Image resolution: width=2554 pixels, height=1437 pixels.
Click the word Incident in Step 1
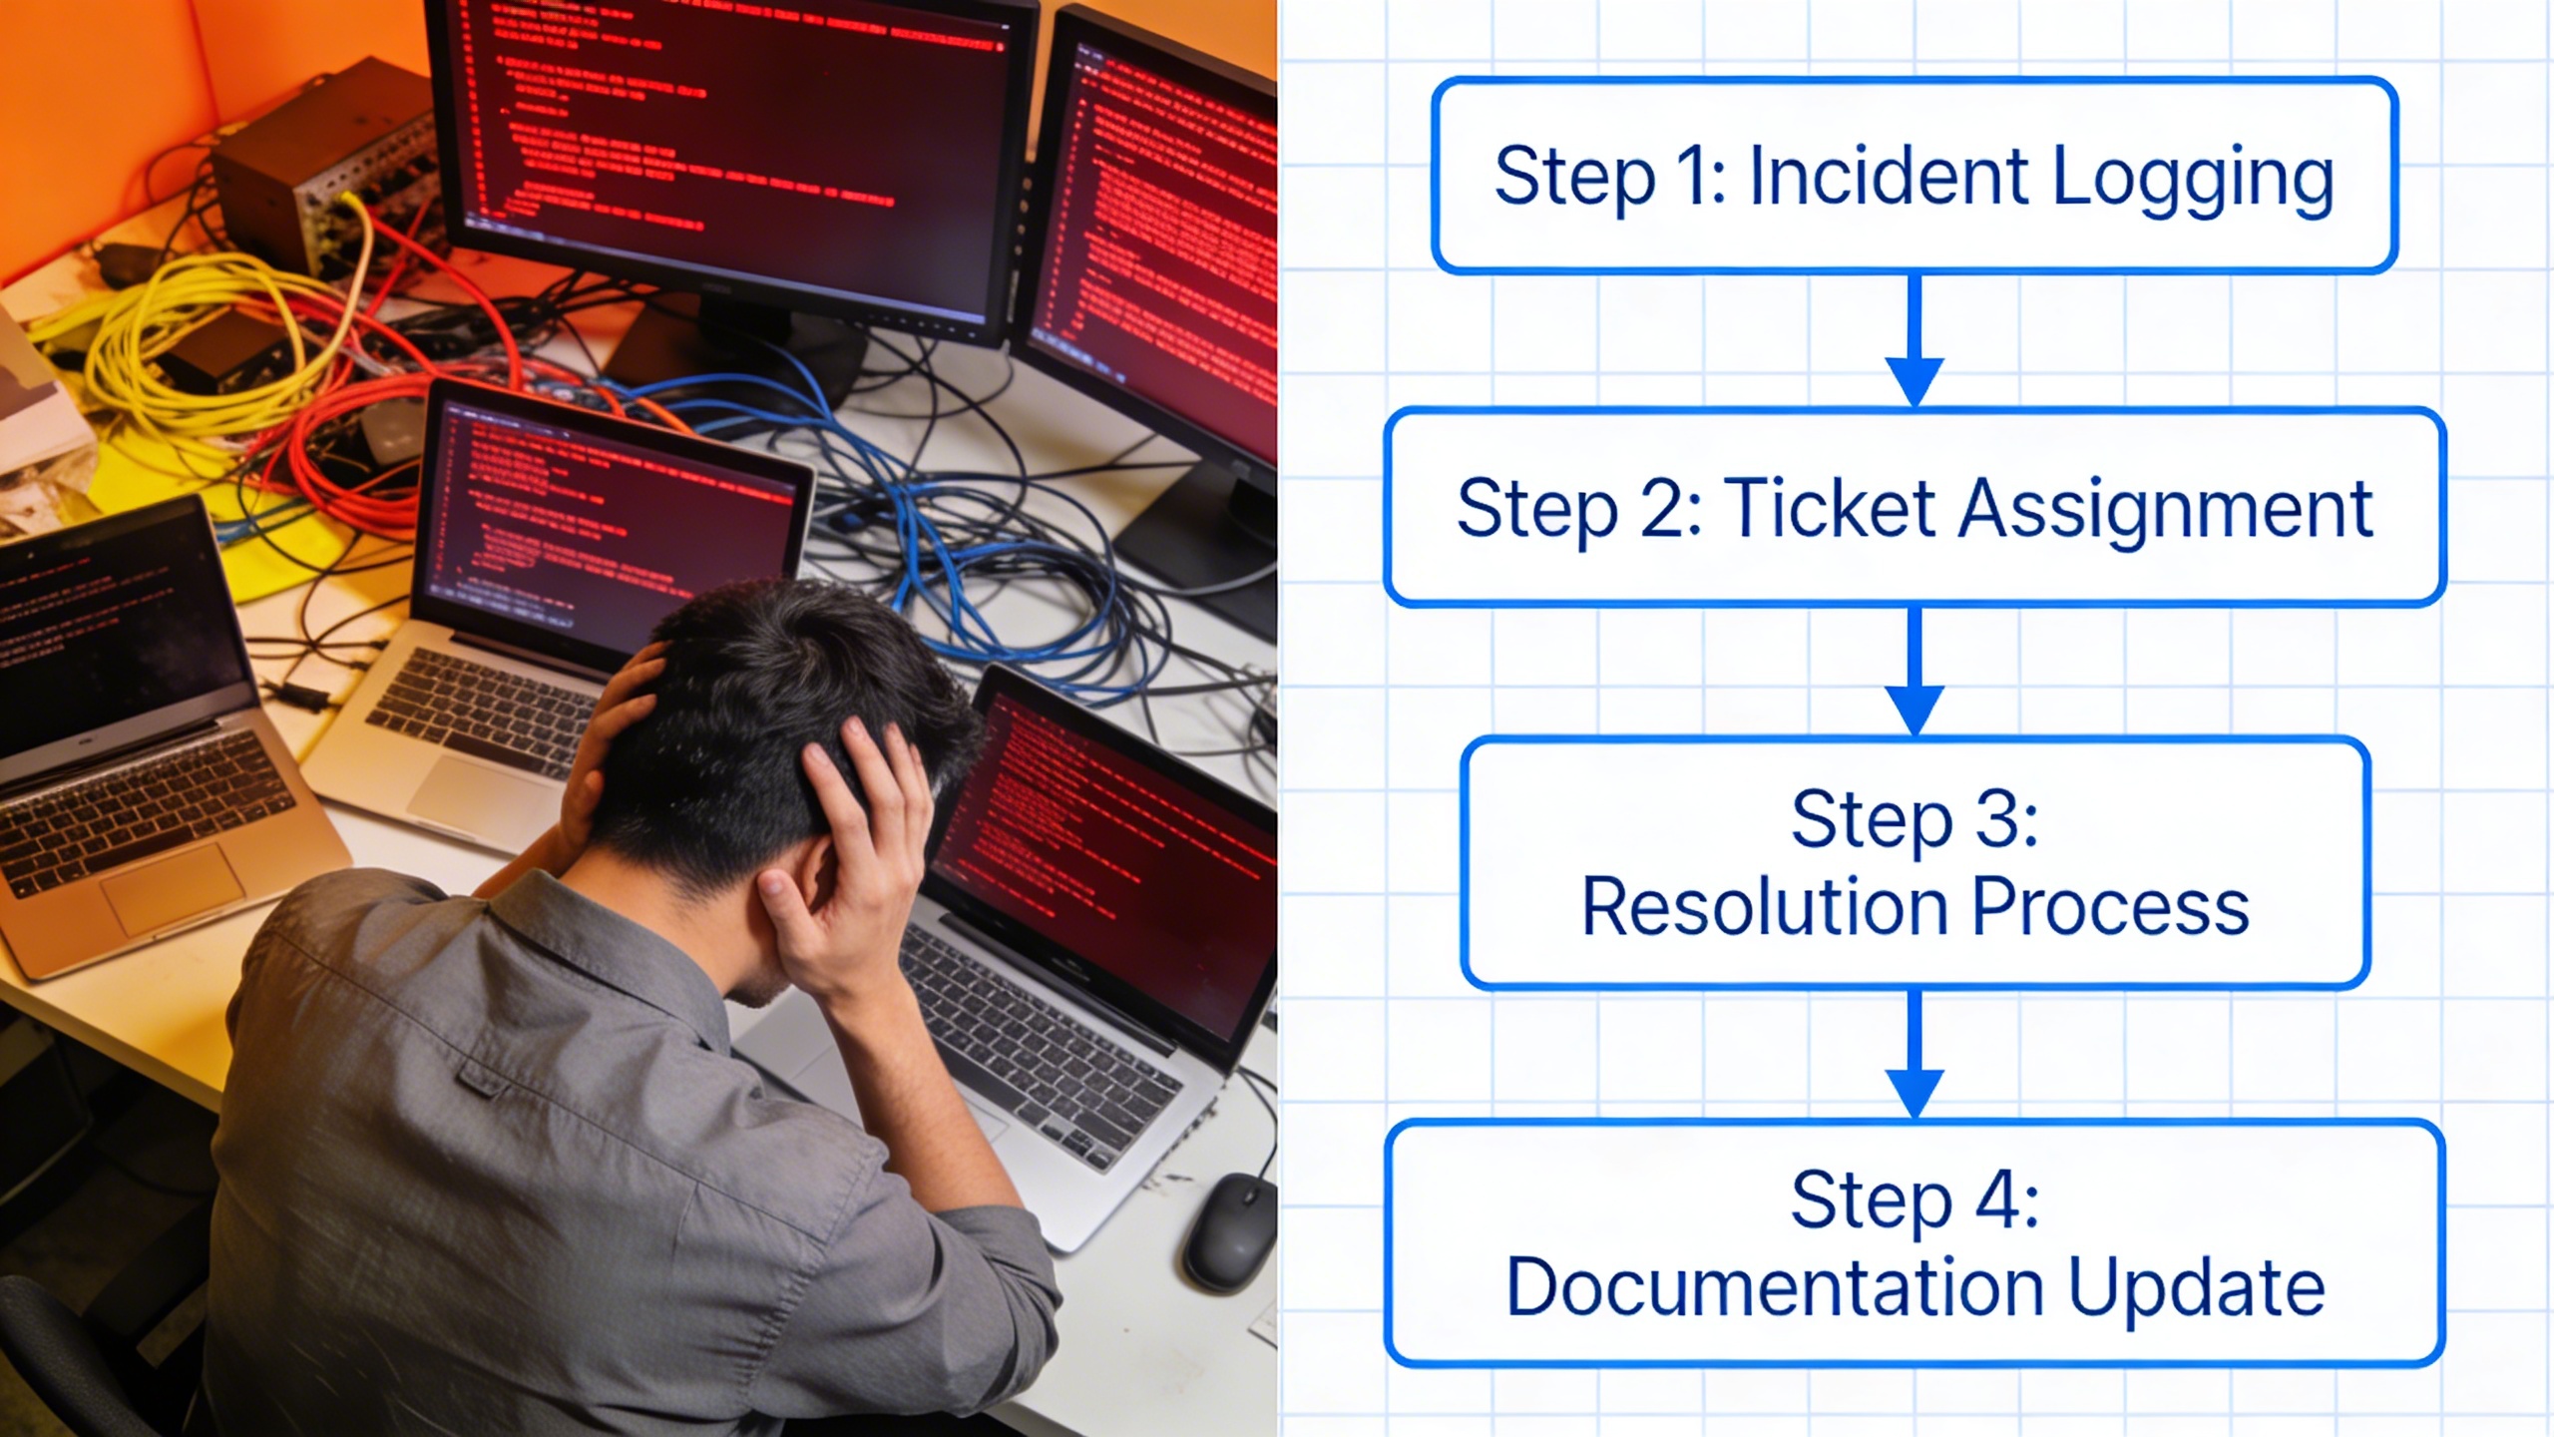pyautogui.click(x=1889, y=177)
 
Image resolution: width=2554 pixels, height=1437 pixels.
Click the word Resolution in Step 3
pyautogui.click(x=1766, y=906)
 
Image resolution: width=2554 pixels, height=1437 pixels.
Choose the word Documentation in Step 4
pyautogui.click(x=1776, y=1287)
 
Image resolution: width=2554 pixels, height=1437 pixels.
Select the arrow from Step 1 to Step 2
pyautogui.click(x=1915, y=339)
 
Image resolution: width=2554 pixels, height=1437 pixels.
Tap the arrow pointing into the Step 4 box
pyautogui.click(x=1915, y=1054)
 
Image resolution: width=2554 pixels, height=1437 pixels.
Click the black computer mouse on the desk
pyautogui.click(x=1229, y=1232)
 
